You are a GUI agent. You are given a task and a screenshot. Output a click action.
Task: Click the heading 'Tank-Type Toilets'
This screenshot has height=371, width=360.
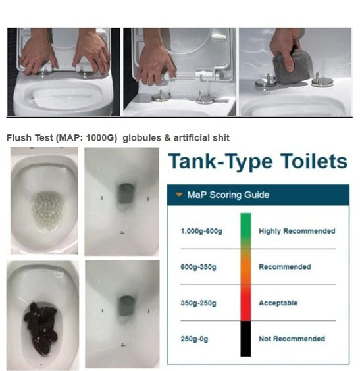tap(257, 162)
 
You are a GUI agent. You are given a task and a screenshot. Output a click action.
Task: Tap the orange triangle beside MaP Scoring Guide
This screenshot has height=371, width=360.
tap(178, 195)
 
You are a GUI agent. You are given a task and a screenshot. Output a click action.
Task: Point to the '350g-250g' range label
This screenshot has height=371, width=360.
tap(197, 303)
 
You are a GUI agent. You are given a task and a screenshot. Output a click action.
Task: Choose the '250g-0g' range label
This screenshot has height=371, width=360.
tap(195, 339)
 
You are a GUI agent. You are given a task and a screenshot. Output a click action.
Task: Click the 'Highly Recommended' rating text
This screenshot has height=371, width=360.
tap(297, 231)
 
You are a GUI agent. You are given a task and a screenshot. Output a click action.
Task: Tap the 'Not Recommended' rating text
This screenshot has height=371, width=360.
tap(292, 339)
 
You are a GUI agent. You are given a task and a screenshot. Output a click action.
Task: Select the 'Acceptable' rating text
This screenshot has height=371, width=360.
tap(278, 303)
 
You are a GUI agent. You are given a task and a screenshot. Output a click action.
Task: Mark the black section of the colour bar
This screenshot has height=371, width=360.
tap(245, 339)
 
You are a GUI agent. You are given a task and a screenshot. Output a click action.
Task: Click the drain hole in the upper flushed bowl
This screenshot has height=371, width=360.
tap(122, 193)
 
